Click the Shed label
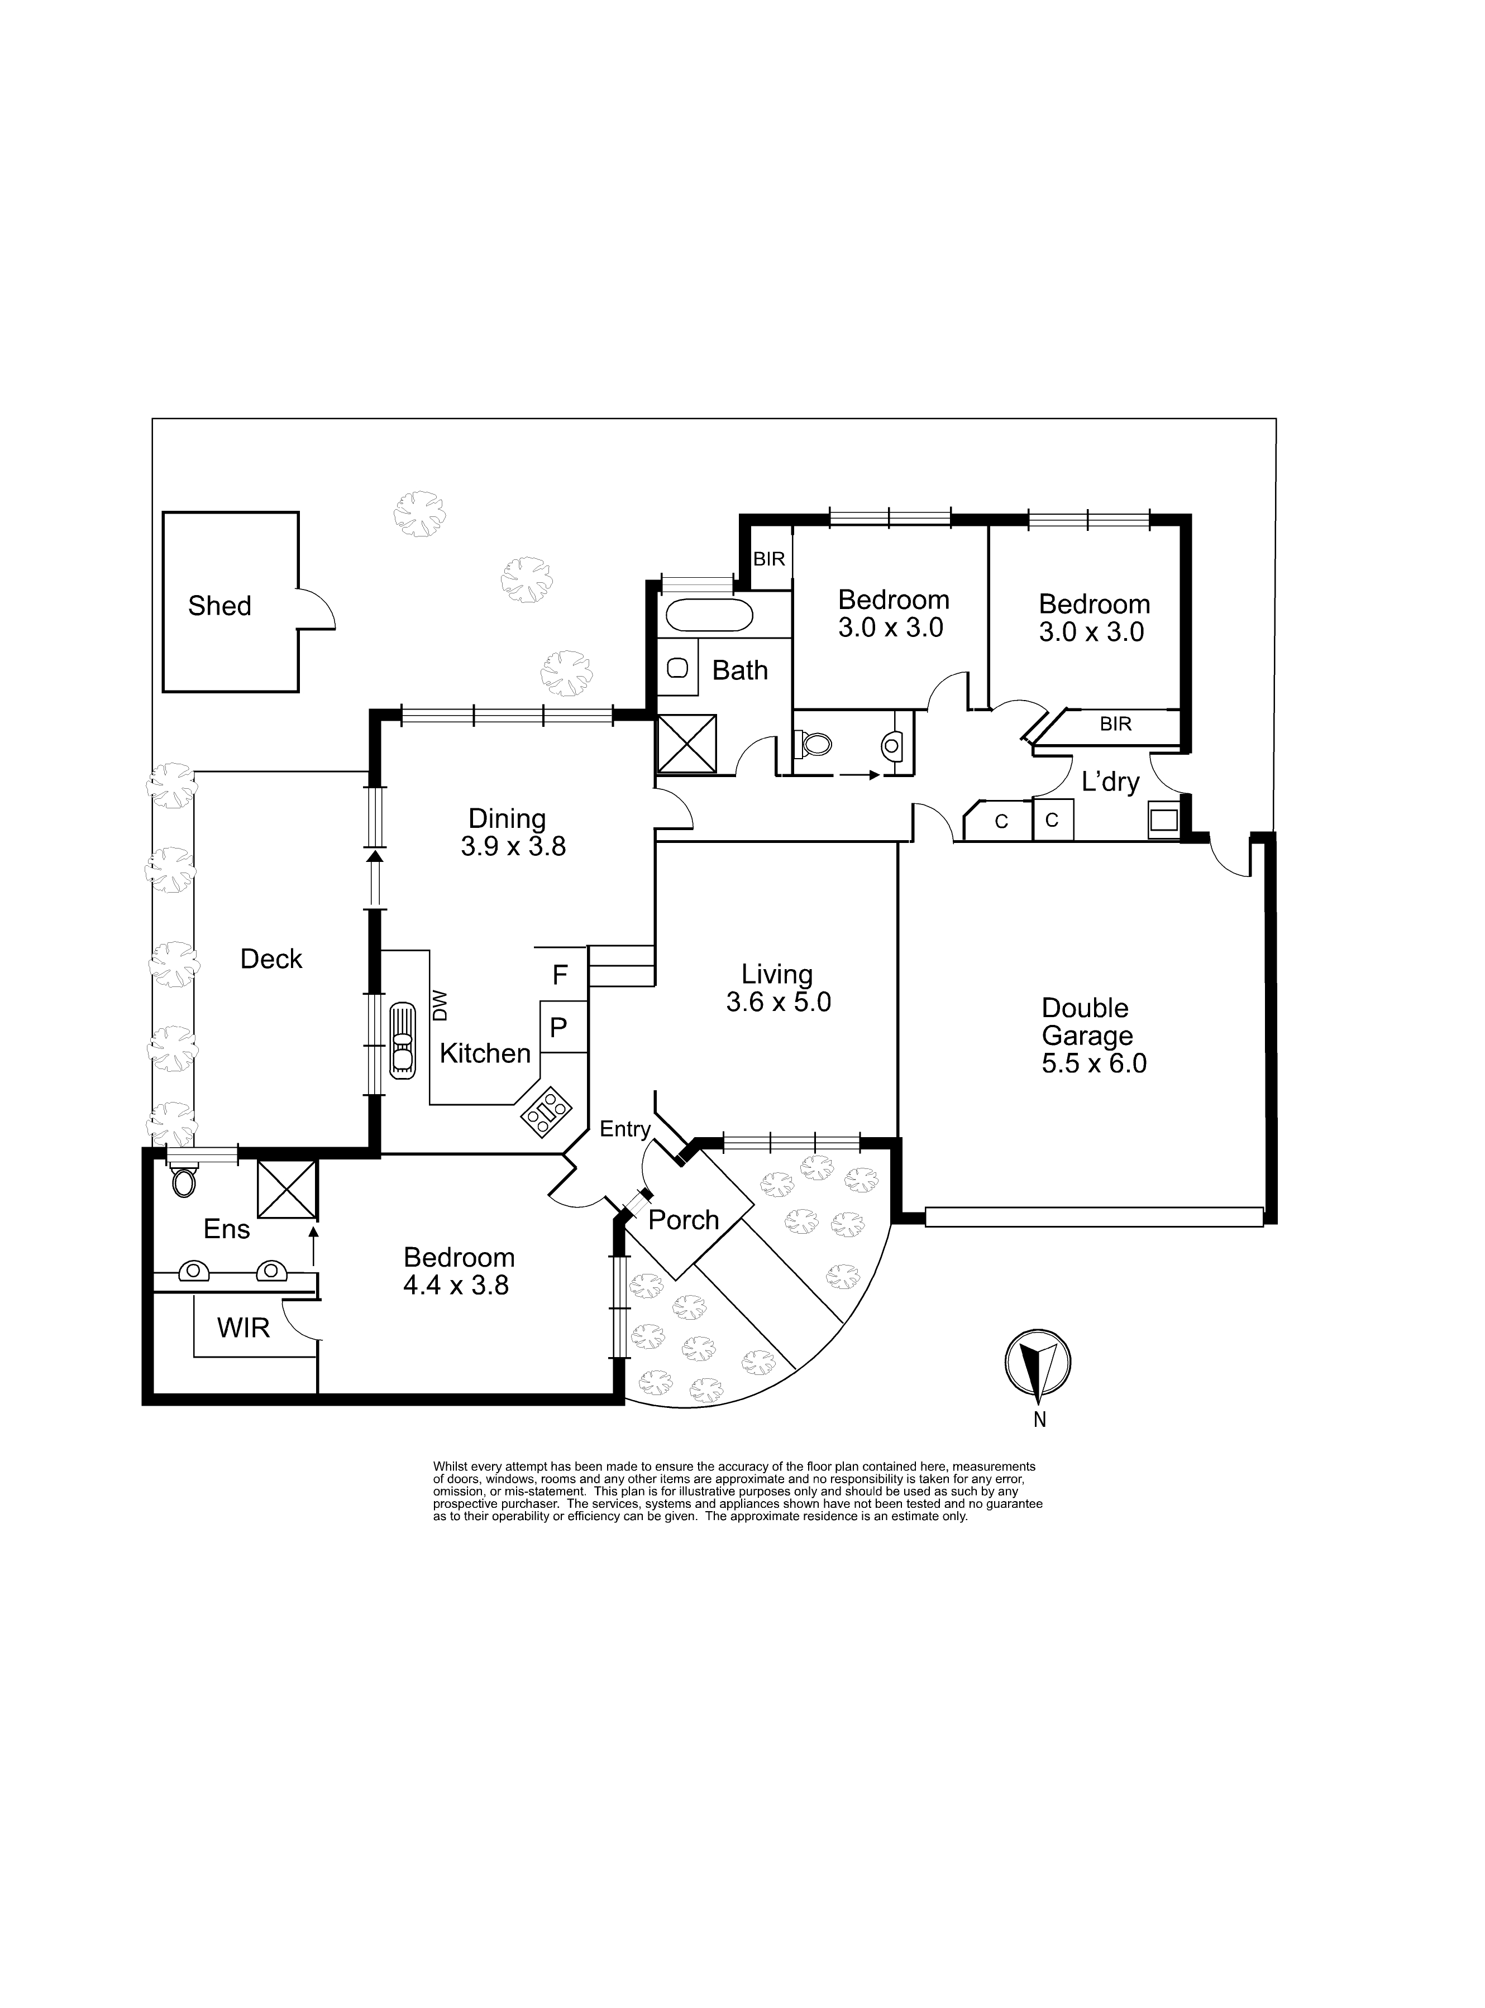point(219,606)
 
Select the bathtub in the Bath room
point(708,615)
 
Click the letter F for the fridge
point(560,974)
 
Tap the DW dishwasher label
point(440,1007)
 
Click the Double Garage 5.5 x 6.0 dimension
point(1093,1064)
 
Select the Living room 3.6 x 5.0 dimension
point(779,1001)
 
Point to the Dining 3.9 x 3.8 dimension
point(513,846)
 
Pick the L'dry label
point(1110,783)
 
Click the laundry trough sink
point(1164,820)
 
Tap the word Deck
point(271,960)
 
